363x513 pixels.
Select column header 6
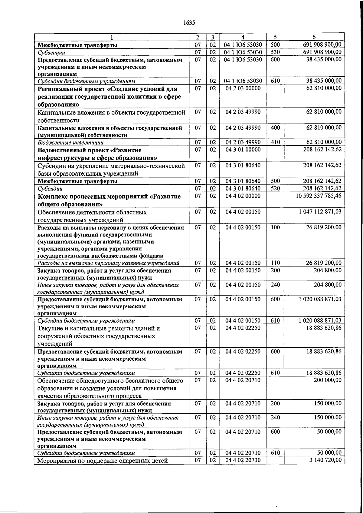[x=314, y=37]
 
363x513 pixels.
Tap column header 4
[x=243, y=37]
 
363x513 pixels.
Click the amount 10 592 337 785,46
[x=319, y=196]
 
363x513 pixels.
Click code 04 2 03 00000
[x=243, y=88]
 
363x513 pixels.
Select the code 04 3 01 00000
[x=243, y=150]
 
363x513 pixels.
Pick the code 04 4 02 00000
[x=243, y=196]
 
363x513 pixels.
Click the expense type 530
[x=275, y=52]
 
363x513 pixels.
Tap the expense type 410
[x=275, y=142]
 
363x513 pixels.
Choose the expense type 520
[x=275, y=188]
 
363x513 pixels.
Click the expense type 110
[x=275, y=263]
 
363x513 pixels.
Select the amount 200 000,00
[x=328, y=380]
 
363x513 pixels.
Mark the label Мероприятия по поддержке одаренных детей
[x=102, y=461]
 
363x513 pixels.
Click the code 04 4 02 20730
[x=243, y=460]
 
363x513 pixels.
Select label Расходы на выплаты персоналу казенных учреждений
[x=108, y=263]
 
